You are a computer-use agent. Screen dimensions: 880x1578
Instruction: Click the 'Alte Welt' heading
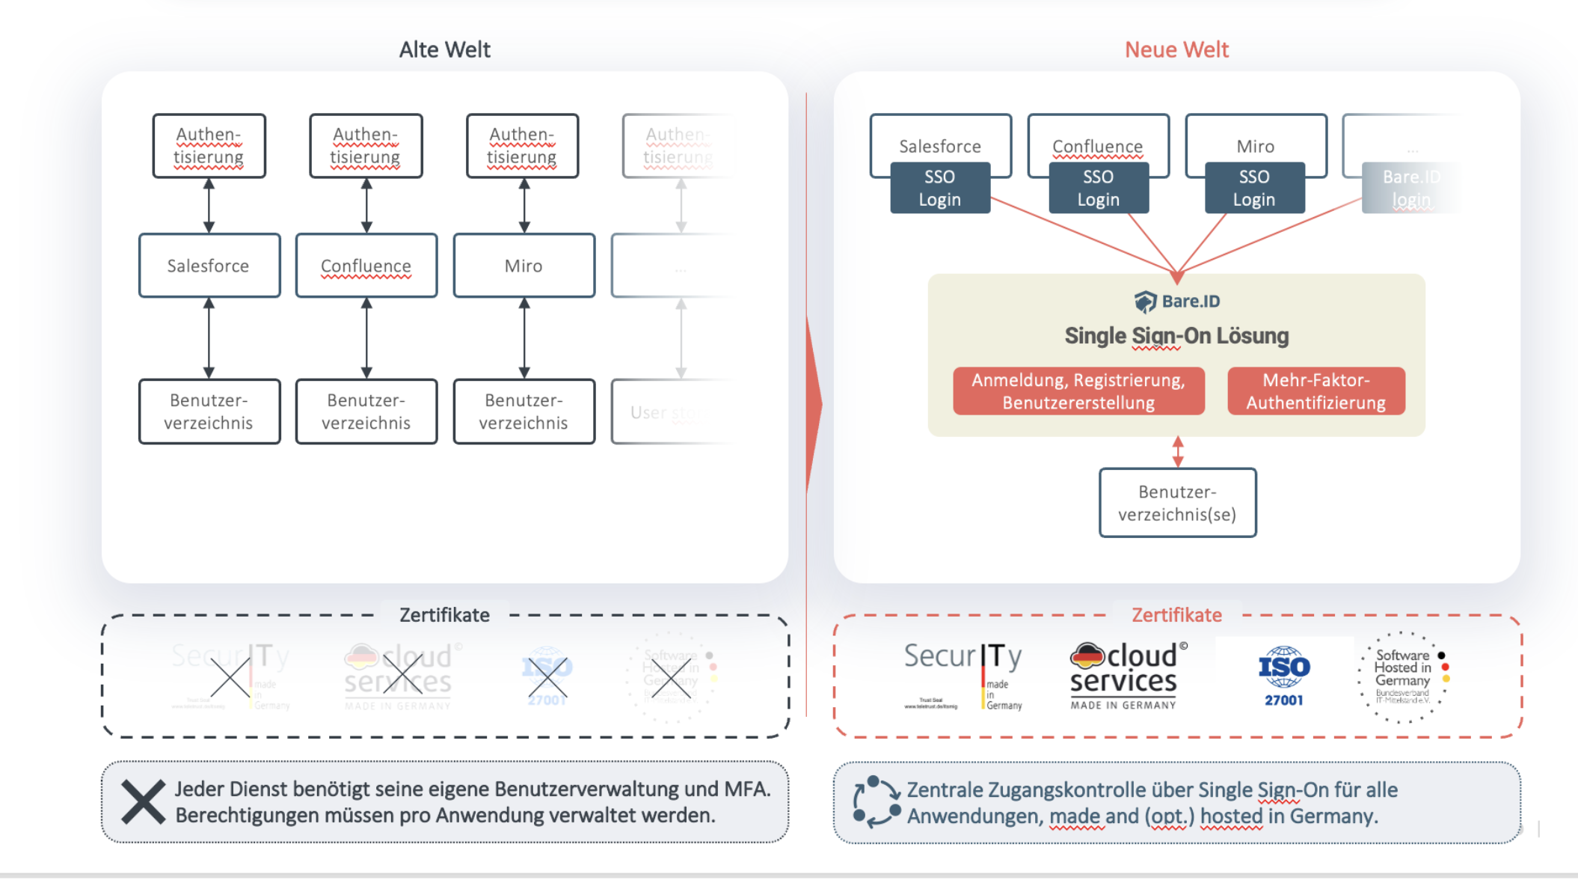[x=444, y=49]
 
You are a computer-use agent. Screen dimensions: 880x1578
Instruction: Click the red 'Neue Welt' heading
[x=1176, y=49]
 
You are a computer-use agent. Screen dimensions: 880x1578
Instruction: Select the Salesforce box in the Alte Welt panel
[x=209, y=266]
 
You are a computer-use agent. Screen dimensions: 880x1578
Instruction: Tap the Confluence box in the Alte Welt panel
[x=366, y=266]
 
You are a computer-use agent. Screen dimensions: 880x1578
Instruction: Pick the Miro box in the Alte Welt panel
[x=524, y=266]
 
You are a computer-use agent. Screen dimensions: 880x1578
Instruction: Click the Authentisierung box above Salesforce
[x=209, y=146]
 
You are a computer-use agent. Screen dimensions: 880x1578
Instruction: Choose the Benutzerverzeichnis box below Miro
[x=524, y=412]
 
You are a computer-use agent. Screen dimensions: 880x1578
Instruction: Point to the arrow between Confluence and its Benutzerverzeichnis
[x=366, y=338]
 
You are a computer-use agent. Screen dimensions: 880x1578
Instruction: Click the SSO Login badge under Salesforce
[x=940, y=188]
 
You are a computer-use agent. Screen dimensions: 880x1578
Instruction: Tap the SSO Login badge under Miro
[x=1254, y=188]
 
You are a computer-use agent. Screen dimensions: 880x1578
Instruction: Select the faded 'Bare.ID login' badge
[x=1410, y=188]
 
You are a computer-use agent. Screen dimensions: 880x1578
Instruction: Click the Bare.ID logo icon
[x=1145, y=302]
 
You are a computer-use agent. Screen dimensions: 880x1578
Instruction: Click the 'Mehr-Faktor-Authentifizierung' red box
[x=1315, y=391]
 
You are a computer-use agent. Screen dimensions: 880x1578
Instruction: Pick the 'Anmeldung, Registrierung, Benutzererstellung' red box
[x=1078, y=391]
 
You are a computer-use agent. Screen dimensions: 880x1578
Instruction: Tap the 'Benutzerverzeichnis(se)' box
[x=1177, y=503]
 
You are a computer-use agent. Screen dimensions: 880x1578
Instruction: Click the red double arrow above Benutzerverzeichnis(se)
[x=1178, y=452]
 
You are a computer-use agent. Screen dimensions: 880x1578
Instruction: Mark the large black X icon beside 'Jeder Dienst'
[x=143, y=802]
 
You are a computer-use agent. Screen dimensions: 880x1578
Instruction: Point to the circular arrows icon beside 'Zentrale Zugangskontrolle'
[x=877, y=802]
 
